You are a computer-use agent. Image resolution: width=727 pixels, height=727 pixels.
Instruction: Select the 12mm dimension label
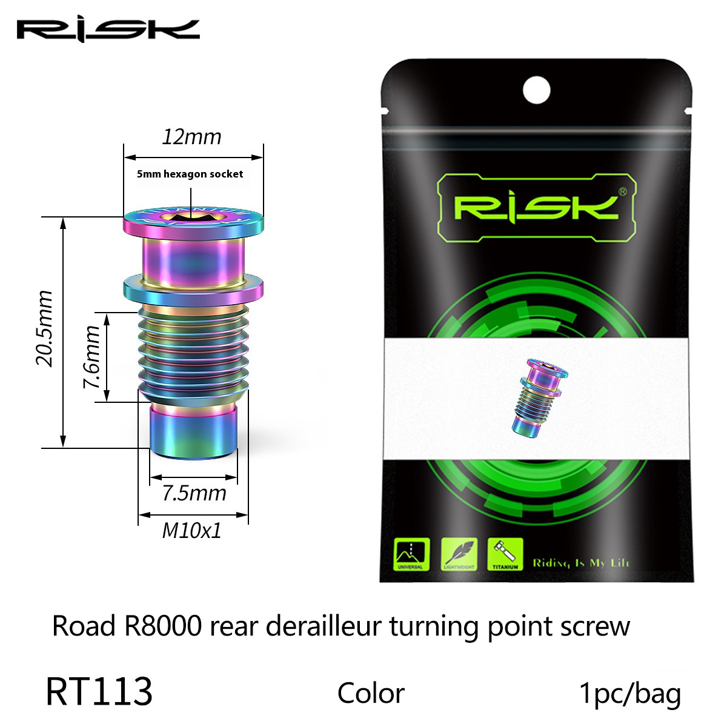coord(191,137)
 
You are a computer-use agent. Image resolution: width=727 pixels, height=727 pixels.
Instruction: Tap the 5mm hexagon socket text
coord(190,174)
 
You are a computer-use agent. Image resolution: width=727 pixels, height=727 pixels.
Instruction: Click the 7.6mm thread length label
coord(91,357)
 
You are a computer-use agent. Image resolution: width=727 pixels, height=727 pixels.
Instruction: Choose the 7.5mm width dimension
coord(194,493)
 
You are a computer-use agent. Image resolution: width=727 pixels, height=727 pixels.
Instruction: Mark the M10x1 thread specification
coord(191,531)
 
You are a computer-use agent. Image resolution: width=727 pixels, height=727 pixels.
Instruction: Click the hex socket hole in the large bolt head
coord(193,217)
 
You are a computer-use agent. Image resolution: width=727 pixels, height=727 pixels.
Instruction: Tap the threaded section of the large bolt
coord(193,351)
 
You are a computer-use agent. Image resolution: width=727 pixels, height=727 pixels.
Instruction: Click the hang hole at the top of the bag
coord(536,90)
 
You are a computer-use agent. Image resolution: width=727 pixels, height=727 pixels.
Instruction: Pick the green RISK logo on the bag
coord(536,207)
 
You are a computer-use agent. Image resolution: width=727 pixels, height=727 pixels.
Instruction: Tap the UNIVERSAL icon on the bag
coord(411,554)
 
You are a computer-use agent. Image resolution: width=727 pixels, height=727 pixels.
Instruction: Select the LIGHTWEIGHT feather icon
coord(459,554)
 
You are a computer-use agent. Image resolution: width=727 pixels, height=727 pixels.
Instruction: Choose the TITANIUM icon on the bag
coord(505,554)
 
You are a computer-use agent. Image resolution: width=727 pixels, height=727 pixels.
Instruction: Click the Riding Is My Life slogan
coord(581,563)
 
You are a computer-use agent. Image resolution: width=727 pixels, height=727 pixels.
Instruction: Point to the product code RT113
coord(99,692)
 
